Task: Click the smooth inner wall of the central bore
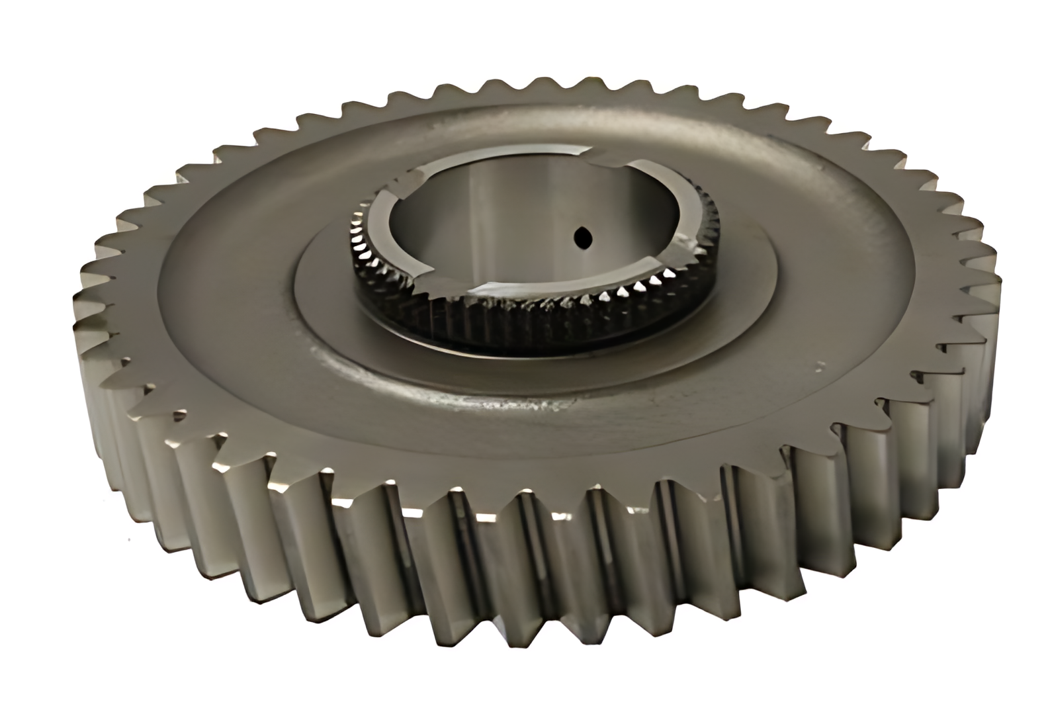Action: click(503, 218)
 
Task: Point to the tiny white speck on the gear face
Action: click(821, 363)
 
